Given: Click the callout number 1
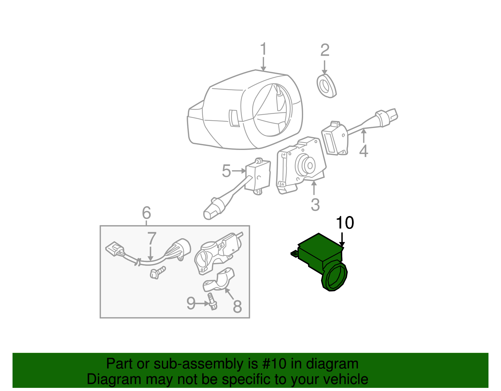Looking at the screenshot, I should pos(263,49).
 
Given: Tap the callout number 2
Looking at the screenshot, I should pos(325,50).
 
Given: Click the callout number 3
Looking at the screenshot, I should pos(315,205).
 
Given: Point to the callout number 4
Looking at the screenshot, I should pos(363,151).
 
